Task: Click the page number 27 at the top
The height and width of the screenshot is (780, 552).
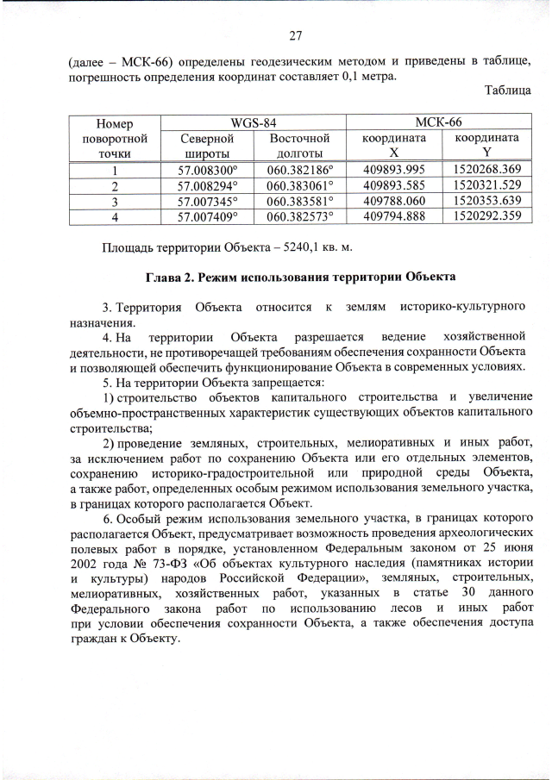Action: (294, 35)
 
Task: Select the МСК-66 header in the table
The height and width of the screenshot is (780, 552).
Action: (438, 122)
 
